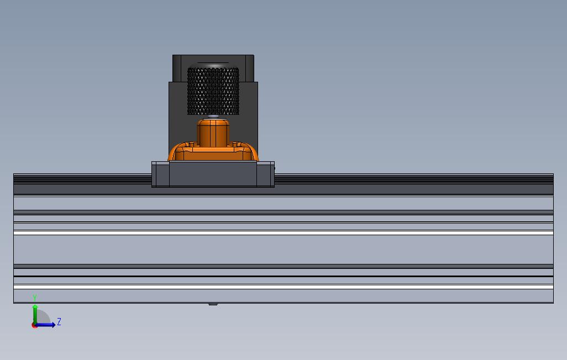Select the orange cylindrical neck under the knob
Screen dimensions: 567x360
(213, 133)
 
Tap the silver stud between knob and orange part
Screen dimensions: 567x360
(213, 117)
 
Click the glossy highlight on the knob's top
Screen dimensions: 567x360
(213, 66)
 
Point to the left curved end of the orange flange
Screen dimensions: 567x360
(172, 152)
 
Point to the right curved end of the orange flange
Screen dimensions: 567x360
(253, 152)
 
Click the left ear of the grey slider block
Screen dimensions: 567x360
(160, 174)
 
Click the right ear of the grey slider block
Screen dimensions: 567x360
(266, 174)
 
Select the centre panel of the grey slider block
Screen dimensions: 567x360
(213, 174)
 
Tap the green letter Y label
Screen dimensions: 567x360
(35, 298)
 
